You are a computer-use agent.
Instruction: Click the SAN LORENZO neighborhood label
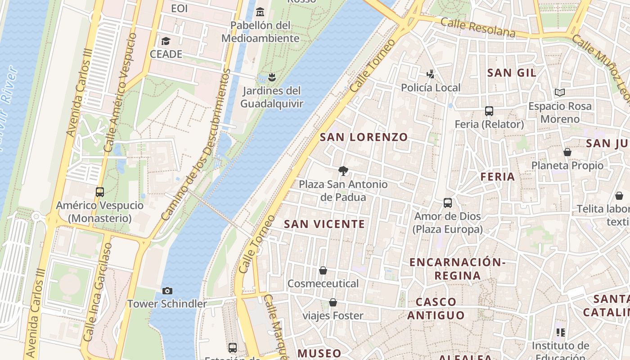(364, 137)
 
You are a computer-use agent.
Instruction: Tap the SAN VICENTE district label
(324, 224)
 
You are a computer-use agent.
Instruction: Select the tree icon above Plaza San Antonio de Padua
(343, 171)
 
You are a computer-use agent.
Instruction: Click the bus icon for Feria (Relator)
(489, 111)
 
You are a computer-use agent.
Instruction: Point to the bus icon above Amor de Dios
(448, 202)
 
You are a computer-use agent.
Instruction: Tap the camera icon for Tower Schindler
(167, 291)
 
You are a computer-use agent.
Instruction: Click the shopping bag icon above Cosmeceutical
(323, 270)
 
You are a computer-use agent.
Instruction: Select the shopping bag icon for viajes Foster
(333, 302)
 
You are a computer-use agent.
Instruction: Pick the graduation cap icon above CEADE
(166, 41)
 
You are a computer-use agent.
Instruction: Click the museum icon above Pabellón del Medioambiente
(260, 11)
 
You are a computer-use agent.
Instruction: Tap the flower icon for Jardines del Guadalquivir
(271, 77)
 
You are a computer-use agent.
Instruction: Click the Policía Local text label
(431, 88)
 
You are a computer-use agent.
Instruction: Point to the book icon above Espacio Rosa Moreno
(559, 93)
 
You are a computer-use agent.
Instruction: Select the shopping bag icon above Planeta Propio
(567, 152)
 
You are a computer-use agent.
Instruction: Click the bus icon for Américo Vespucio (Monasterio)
(100, 192)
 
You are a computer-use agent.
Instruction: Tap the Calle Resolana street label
(478, 27)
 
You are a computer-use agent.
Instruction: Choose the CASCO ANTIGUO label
(436, 308)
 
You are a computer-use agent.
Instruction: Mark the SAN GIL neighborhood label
(512, 73)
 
